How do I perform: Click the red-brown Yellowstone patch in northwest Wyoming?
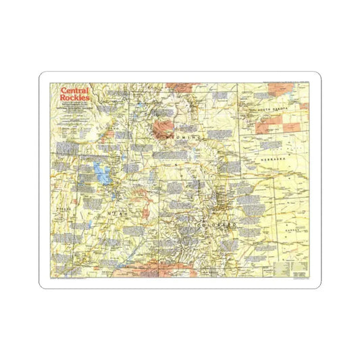pos(165,126)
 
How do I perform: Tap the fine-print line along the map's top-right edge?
pos(270,82)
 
